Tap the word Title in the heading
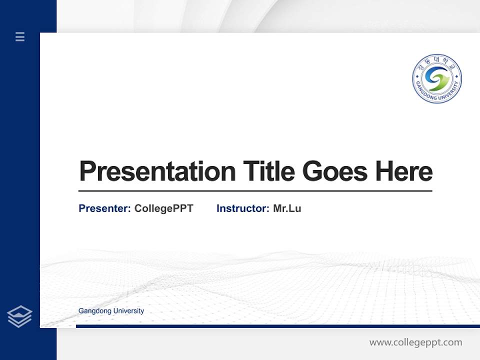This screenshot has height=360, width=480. [x=268, y=171]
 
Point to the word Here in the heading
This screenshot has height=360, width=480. [x=404, y=171]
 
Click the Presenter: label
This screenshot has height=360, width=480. [x=104, y=208]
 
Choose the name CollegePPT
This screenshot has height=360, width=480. [x=163, y=208]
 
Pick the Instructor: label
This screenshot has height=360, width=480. [x=243, y=208]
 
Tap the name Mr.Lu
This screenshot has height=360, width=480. [x=287, y=208]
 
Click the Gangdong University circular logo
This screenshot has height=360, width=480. [x=437, y=79]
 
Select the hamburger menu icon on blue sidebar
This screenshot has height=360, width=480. [x=20, y=36]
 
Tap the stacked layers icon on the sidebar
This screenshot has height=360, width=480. [x=19, y=316]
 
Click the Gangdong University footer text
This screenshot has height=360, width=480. [x=111, y=311]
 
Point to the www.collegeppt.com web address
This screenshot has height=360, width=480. [x=415, y=342]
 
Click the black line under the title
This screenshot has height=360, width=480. [x=255, y=191]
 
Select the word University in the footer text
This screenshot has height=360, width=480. [x=128, y=311]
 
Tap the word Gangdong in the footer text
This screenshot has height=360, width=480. [x=94, y=311]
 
